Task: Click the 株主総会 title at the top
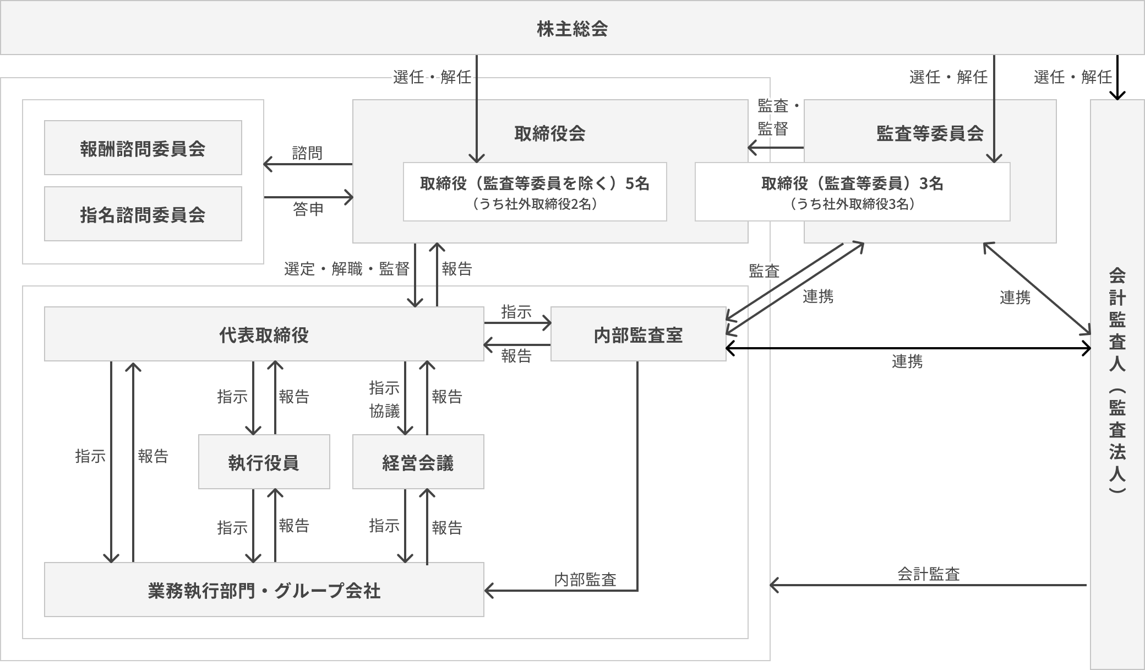click(x=572, y=29)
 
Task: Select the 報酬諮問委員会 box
click(x=143, y=148)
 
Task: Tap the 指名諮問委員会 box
click(x=143, y=214)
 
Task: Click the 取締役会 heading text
click(x=549, y=133)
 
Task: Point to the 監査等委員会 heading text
click(x=930, y=133)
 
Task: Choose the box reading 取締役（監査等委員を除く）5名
click(x=535, y=192)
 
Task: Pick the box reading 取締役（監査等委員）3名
click(x=852, y=192)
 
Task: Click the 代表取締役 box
click(x=264, y=334)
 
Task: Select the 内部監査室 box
click(x=638, y=334)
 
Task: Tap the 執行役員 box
click(x=264, y=462)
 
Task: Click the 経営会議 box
click(x=418, y=462)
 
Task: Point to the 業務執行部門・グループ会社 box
click(x=264, y=590)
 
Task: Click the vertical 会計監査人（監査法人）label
click(x=1117, y=380)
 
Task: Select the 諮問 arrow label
click(x=307, y=153)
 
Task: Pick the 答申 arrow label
click(x=308, y=209)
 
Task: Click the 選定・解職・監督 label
click(x=347, y=269)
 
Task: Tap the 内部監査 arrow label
click(x=585, y=580)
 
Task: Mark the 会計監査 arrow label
click(x=929, y=574)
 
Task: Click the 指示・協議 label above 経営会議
click(x=384, y=399)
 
